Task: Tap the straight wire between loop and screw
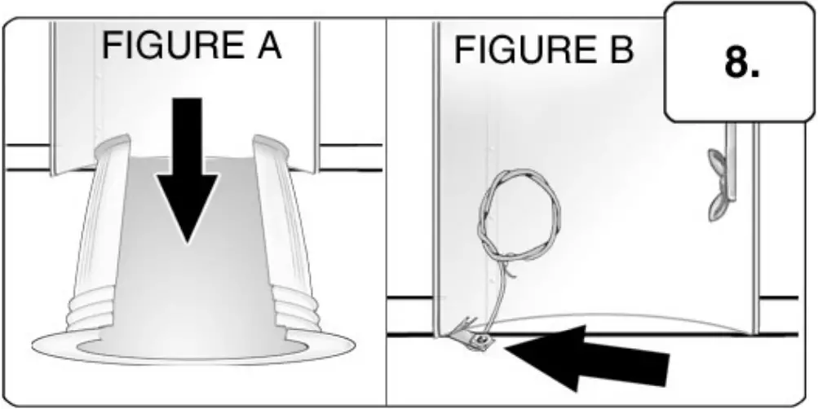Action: coord(494,297)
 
